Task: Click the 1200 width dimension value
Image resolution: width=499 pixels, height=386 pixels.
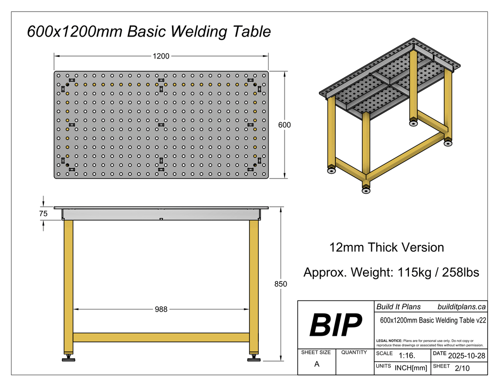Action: pos(161,56)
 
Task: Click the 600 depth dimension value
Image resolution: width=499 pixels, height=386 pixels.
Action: pos(284,125)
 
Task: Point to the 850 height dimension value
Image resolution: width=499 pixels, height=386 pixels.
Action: pos(281,284)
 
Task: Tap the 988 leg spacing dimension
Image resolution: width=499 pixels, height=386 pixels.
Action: pos(161,309)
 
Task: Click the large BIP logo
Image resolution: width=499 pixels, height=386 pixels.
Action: pos(336,325)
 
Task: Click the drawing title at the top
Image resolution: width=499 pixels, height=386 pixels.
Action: pos(149,32)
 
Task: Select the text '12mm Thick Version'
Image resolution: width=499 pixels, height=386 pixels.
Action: pos(386,247)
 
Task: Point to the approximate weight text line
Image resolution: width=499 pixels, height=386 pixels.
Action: pos(391,272)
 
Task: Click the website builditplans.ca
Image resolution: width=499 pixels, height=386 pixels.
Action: pos(461,307)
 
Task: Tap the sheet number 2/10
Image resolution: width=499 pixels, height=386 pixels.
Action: pos(461,368)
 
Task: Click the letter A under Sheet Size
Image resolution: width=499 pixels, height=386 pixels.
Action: pos(317,364)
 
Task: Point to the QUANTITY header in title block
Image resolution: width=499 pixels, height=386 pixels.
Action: pos(354,352)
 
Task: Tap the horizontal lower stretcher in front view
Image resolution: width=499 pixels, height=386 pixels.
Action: pos(161,337)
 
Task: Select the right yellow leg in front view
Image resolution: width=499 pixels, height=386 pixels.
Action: pos(254,285)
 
